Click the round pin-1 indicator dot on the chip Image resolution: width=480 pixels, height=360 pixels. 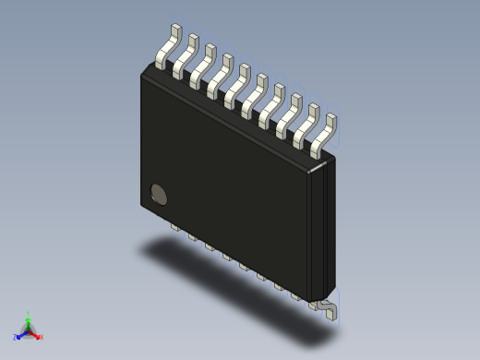pyautogui.click(x=160, y=194)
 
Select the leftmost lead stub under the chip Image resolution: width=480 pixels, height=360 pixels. pyautogui.click(x=174, y=225)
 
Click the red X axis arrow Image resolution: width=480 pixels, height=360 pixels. pyautogui.click(x=36, y=334)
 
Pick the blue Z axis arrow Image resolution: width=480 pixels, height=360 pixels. pyautogui.click(x=20, y=334)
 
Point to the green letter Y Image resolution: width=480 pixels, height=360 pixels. pyautogui.click(x=28, y=313)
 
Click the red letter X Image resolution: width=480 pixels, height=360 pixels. pyautogui.click(x=42, y=337)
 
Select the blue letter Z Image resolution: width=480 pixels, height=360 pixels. pyautogui.click(x=15, y=338)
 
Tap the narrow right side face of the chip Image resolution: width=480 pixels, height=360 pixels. pyautogui.click(x=320, y=231)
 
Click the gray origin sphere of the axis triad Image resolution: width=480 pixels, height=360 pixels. pyautogui.click(x=28, y=330)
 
